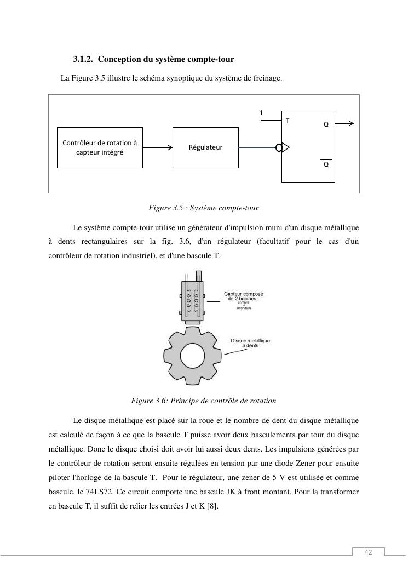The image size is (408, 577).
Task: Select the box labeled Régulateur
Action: pos(205,147)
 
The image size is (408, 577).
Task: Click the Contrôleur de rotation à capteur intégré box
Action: pos(100,147)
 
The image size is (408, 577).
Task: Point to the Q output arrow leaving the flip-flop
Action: pos(344,124)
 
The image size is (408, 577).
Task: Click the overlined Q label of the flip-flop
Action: pos(326,164)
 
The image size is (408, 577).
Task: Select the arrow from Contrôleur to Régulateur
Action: pos(158,147)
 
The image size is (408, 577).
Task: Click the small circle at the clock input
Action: pos(279,147)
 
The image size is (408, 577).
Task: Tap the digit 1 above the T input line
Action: pos(261,113)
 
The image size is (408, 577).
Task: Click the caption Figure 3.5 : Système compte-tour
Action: pos(203,208)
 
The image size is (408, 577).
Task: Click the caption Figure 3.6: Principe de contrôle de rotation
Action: pos(204,401)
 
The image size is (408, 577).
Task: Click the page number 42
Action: pos(368,552)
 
